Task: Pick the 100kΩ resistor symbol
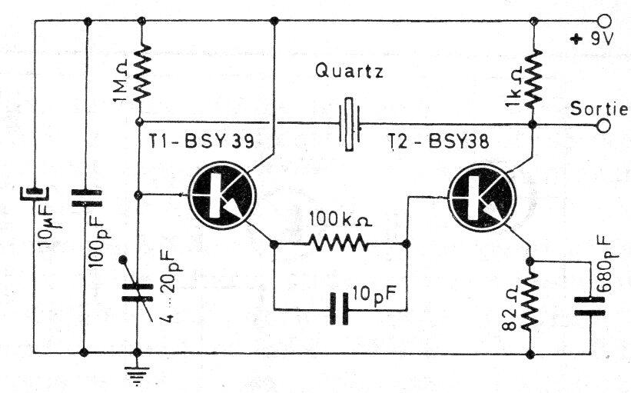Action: point(339,244)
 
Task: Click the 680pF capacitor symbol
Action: point(591,306)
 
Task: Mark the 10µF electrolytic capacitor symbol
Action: point(34,189)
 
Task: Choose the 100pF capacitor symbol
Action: point(85,197)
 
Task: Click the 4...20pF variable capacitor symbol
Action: point(138,295)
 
